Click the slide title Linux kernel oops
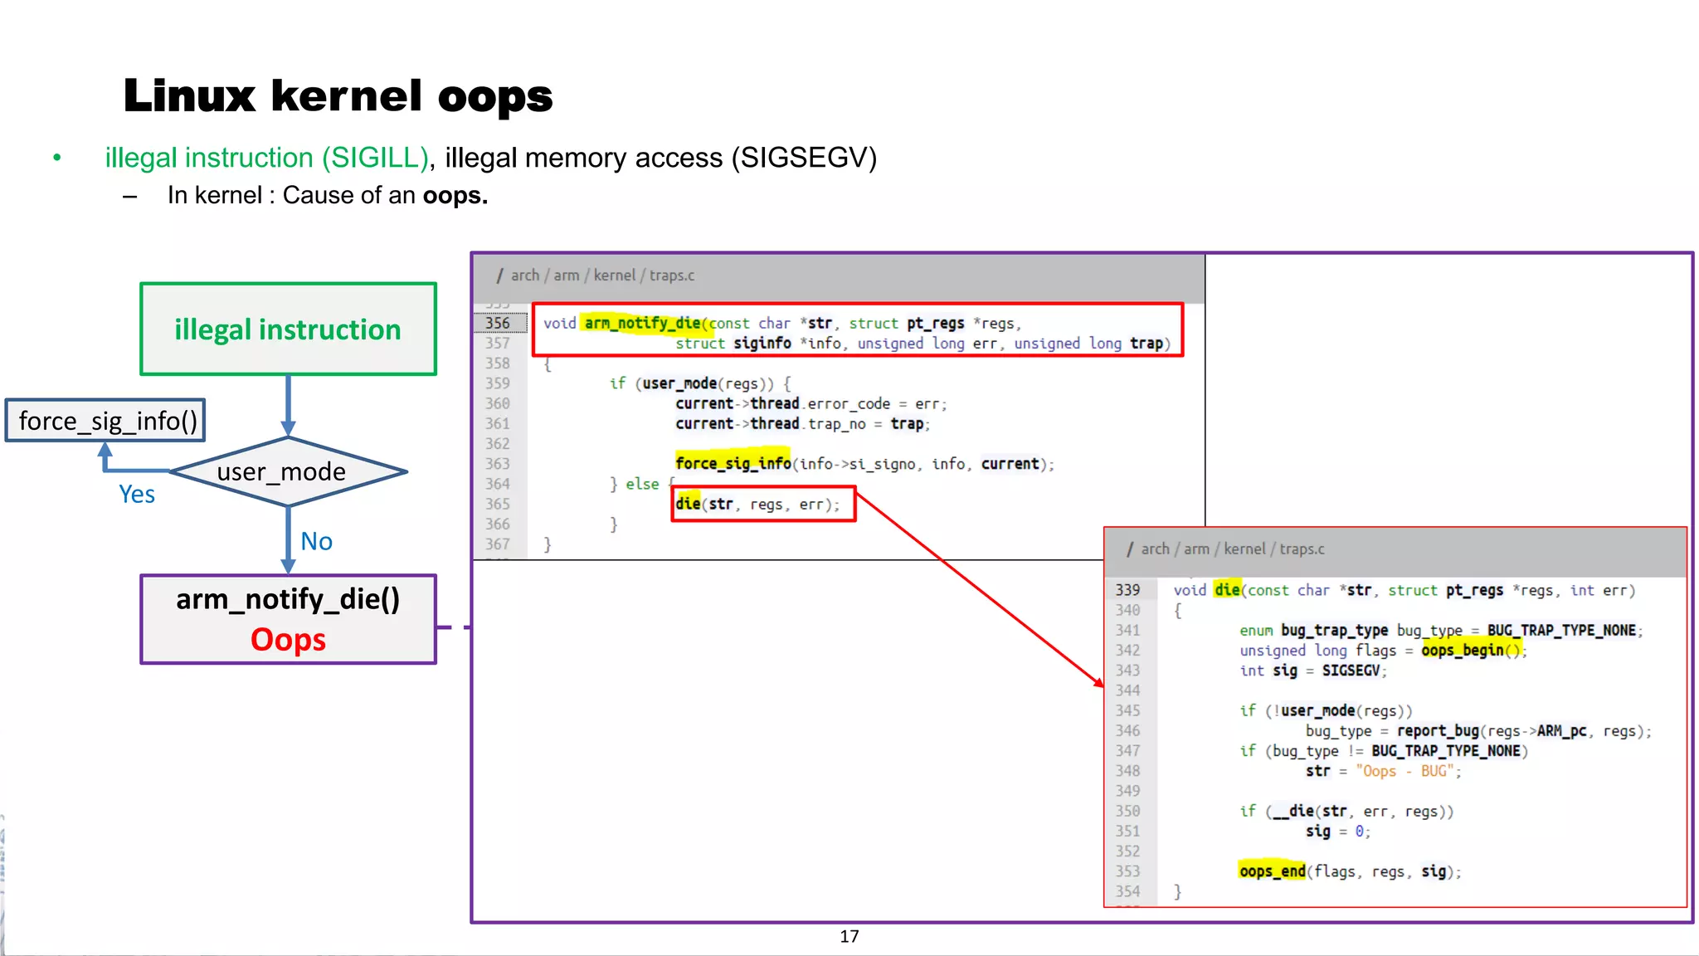[x=338, y=96]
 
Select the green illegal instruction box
[x=288, y=329]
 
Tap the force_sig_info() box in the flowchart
[x=106, y=421]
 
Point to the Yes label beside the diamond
[x=137, y=495]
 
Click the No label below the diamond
[x=316, y=542]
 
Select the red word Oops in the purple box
[x=288, y=640]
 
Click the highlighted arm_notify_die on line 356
[x=642, y=323]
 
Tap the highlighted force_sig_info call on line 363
[x=733, y=463]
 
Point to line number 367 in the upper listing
[x=497, y=544]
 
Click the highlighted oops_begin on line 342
[x=1462, y=651]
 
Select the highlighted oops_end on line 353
[x=1272, y=871]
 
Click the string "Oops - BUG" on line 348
[x=1405, y=771]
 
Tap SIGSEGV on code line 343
[x=1351, y=671]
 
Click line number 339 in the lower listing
[x=1127, y=590]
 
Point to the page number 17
[x=849, y=937]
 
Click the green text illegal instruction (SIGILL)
[x=266, y=158]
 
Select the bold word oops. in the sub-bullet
[x=455, y=196]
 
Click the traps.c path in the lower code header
[x=1302, y=549]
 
